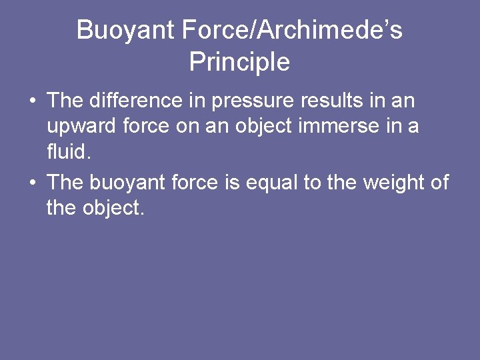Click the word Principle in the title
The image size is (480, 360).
coord(239,62)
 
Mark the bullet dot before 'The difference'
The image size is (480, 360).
coord(32,102)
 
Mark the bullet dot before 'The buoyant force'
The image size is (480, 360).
coord(32,183)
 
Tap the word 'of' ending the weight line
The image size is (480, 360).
coord(439,182)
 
